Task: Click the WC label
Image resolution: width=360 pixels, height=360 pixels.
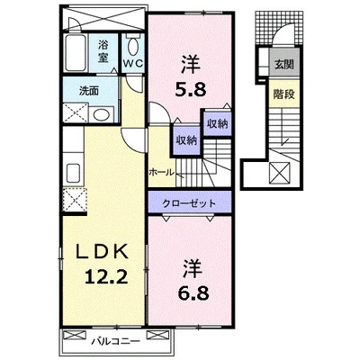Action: point(133,63)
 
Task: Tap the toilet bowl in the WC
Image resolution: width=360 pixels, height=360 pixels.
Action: point(133,47)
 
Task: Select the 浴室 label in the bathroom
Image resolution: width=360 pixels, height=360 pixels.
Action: point(103,51)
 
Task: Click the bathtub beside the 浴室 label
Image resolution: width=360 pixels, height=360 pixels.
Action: point(76,53)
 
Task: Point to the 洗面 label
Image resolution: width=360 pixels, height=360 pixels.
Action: point(89,91)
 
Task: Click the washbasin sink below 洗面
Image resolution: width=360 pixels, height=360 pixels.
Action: point(102,114)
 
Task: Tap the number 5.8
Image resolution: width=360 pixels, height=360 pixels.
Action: point(191,89)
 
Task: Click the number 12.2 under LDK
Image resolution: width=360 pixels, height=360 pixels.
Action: point(106,276)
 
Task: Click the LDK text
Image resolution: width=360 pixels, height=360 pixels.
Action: point(102,252)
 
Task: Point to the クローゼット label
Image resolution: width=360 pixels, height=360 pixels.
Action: point(189,203)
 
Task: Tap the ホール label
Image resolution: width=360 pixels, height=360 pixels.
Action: point(161,172)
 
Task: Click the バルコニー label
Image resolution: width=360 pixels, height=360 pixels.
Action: point(116,341)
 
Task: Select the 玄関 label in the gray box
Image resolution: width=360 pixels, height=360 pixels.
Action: point(283,64)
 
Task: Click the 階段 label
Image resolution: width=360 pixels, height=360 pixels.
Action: point(283,94)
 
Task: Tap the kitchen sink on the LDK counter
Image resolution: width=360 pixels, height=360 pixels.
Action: point(73,173)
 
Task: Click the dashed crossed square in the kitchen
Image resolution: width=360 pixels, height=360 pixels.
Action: point(75,199)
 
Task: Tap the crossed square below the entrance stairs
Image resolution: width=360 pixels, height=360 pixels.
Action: point(280,173)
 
